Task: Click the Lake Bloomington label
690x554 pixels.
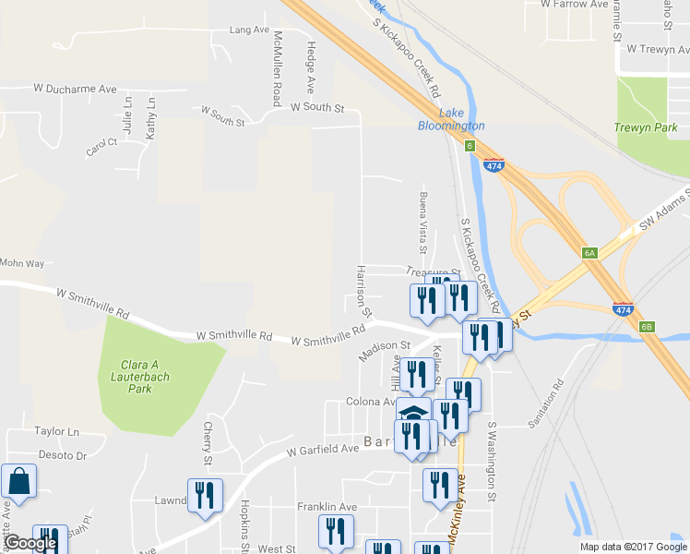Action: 451,119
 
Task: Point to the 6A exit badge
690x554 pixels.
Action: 591,252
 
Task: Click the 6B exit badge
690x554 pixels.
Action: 647,326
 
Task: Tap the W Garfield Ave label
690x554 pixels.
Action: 322,450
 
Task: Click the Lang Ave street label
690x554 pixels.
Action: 249,30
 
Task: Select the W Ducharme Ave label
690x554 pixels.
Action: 76,89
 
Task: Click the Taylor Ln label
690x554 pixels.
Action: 57,431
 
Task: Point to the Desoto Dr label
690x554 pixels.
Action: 62,455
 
